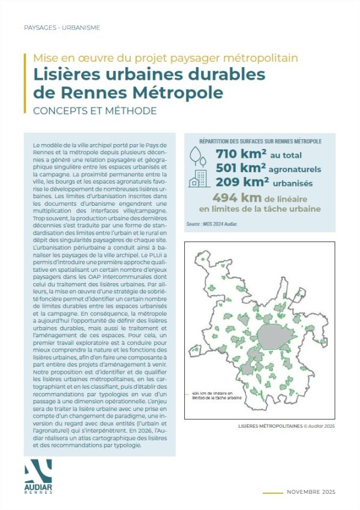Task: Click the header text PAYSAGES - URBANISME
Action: click(61, 28)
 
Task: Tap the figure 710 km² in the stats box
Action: click(240, 155)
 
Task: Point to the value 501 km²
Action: click(240, 169)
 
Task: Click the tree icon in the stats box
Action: click(196, 155)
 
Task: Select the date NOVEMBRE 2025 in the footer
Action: click(311, 492)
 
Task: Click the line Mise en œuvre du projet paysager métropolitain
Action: click(165, 59)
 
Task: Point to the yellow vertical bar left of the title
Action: click(25, 83)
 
